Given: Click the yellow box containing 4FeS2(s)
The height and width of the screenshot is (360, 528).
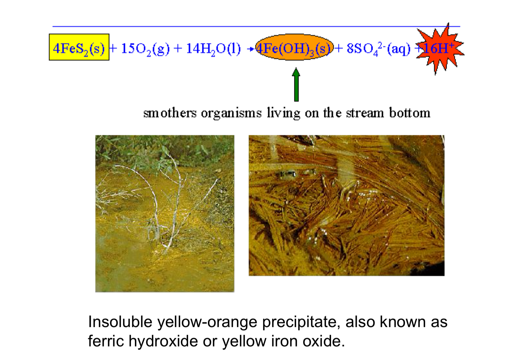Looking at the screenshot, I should (x=79, y=47).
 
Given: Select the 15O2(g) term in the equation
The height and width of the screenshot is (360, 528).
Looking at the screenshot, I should (x=145, y=49).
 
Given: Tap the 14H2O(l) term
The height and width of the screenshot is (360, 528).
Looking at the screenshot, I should (x=213, y=49).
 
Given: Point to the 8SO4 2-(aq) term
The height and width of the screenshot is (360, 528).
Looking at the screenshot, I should (x=378, y=49).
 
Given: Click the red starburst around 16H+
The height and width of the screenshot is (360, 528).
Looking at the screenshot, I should (x=439, y=48).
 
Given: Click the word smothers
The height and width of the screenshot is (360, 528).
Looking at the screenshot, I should (x=170, y=113).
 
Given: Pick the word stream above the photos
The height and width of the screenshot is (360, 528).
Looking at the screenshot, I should (x=365, y=113).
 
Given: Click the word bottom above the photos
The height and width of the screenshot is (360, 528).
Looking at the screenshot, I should (x=410, y=113).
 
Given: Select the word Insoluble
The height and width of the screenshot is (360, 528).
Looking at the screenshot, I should (x=120, y=322).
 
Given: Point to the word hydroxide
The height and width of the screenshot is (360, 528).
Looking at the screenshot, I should (x=163, y=341).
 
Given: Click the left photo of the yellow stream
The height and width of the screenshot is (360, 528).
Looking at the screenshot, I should (x=165, y=214).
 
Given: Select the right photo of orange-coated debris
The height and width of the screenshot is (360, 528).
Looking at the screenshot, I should (x=346, y=206).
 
